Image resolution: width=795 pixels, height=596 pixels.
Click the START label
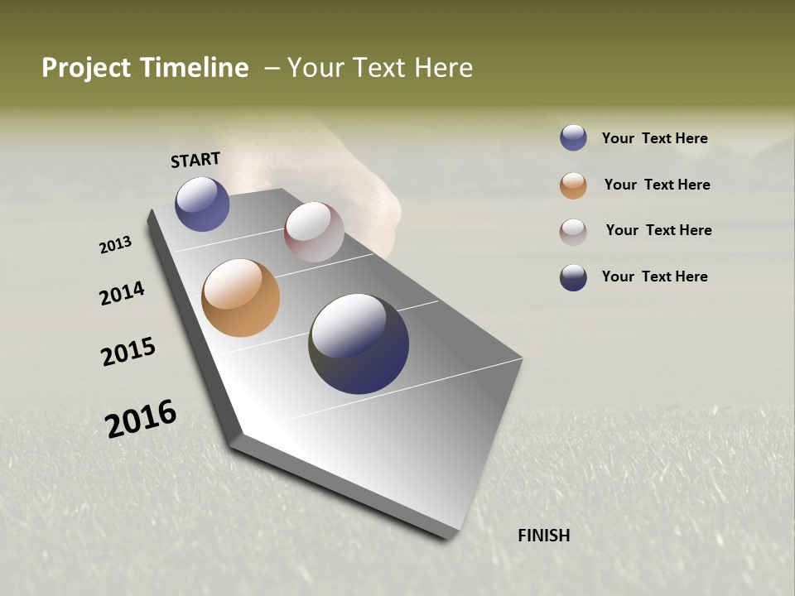(x=195, y=160)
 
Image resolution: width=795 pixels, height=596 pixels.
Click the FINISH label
(x=543, y=536)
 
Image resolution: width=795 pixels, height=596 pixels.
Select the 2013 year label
(x=115, y=245)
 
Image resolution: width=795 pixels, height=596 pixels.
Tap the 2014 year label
(x=122, y=293)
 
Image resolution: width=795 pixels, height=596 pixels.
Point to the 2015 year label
(x=128, y=352)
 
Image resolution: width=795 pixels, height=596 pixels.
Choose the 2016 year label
(x=141, y=418)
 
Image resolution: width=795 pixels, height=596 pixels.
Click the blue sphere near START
(x=202, y=204)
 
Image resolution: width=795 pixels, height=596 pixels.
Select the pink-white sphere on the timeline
(x=314, y=232)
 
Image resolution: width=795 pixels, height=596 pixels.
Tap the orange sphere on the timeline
(x=240, y=298)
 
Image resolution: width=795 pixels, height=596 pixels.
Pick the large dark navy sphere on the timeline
(x=359, y=344)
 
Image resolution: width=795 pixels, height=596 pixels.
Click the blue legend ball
(x=573, y=138)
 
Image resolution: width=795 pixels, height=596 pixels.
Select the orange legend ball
(x=573, y=185)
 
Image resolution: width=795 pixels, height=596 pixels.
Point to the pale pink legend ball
(x=573, y=232)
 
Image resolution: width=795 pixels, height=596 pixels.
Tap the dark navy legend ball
(x=573, y=277)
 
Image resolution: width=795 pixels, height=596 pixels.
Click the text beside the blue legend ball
(x=654, y=138)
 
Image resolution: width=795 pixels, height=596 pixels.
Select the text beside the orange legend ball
(x=657, y=185)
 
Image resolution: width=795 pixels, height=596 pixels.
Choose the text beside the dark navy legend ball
(x=654, y=276)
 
